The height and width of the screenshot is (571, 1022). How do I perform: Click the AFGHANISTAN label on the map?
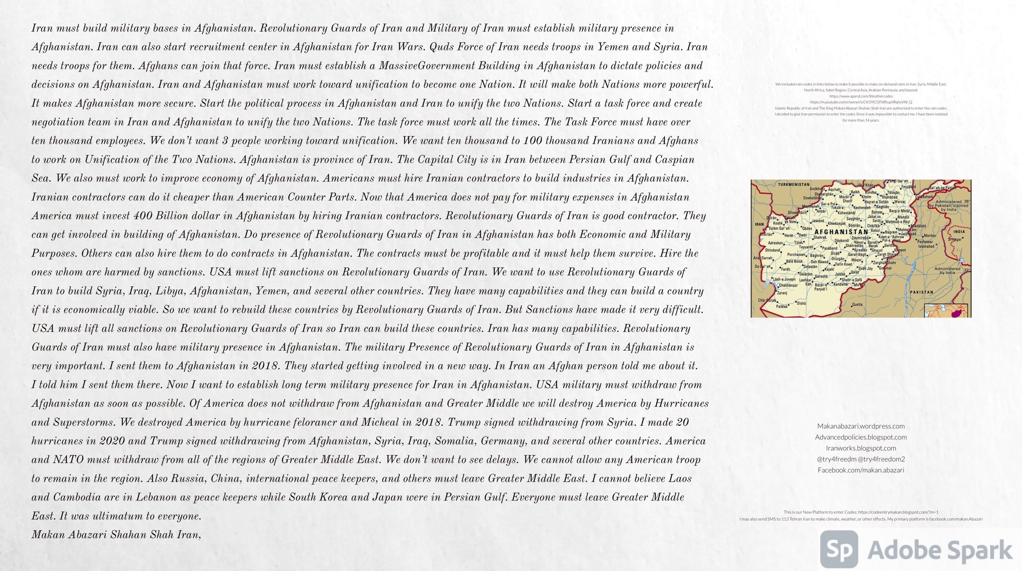[x=841, y=232]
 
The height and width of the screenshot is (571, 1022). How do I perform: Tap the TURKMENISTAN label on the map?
[x=794, y=185]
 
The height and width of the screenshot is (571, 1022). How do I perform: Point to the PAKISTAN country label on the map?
[x=921, y=292]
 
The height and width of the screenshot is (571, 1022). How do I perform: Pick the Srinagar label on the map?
[x=955, y=239]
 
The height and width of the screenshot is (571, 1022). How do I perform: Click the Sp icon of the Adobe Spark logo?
[x=839, y=549]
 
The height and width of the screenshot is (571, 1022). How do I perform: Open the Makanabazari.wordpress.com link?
[x=861, y=426]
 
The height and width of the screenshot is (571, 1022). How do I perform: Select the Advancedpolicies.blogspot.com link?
[x=861, y=437]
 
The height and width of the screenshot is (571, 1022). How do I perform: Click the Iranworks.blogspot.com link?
[x=861, y=448]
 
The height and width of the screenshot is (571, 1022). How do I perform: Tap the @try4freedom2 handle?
[x=881, y=459]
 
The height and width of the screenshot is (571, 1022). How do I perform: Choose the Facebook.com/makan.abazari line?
[x=861, y=470]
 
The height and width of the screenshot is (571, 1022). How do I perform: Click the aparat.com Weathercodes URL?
[x=861, y=96]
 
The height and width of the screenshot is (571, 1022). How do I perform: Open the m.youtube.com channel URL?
[x=861, y=102]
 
